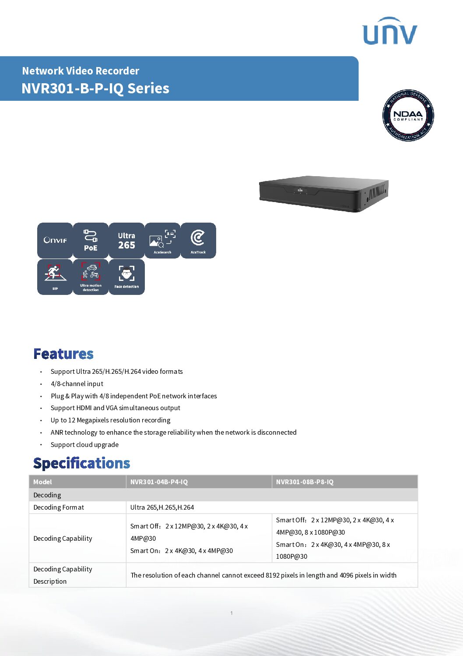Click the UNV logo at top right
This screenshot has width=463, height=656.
point(389,32)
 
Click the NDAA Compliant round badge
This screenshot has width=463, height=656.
point(408,116)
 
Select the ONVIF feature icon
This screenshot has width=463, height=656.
point(55,240)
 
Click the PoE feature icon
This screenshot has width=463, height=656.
point(91,240)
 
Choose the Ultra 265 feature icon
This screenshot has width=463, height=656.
point(126,240)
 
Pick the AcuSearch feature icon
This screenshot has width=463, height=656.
point(162,240)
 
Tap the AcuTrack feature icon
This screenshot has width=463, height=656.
point(198,240)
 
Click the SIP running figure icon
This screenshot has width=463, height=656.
point(55,277)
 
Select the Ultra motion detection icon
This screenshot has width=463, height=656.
point(91,277)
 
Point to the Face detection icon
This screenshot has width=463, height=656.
point(126,277)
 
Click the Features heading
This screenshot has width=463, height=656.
point(63,354)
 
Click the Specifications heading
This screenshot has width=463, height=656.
point(82,463)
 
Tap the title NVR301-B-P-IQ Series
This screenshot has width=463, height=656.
point(95,89)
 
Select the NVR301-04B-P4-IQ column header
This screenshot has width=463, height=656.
point(159,482)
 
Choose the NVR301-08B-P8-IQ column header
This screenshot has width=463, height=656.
point(305,482)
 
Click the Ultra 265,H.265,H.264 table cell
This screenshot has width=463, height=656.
point(162,507)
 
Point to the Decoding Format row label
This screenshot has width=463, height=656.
point(59,507)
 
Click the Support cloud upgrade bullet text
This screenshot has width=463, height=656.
point(84,445)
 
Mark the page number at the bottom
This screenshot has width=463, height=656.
point(231,613)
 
